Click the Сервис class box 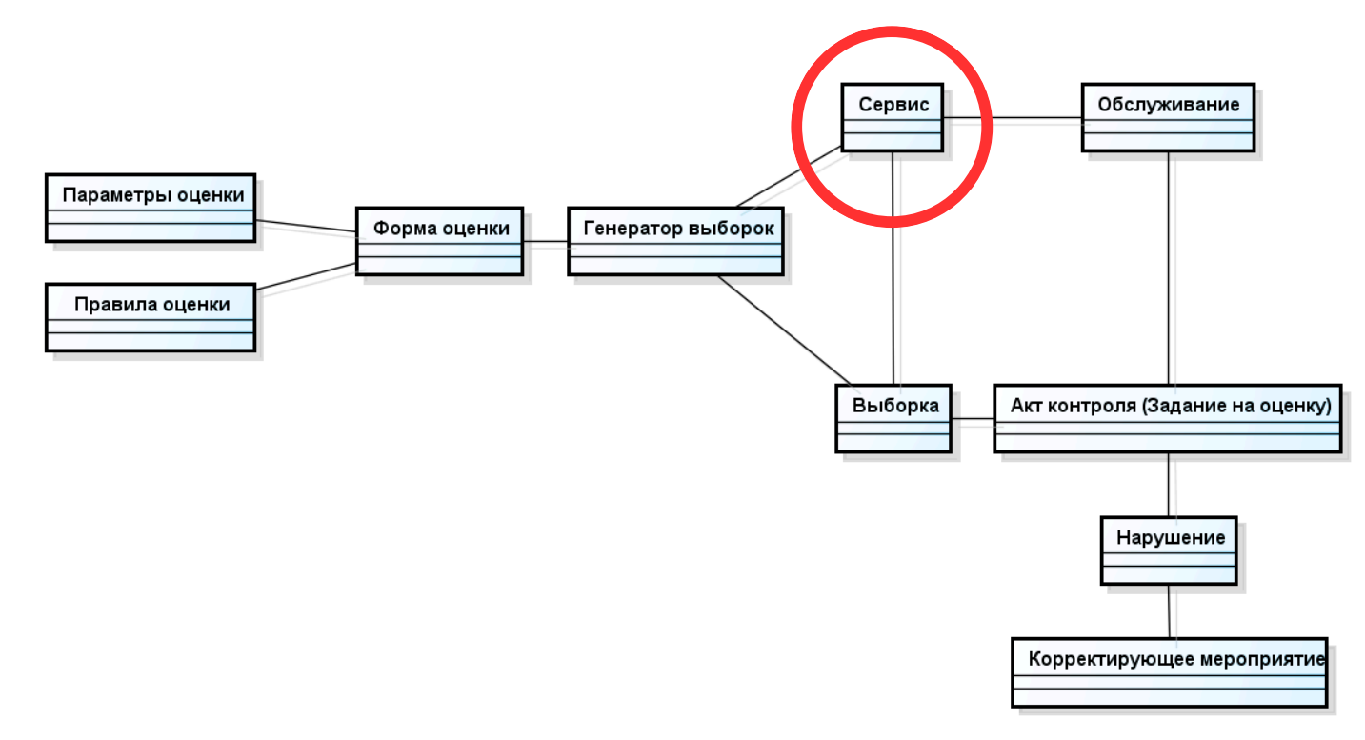tap(893, 117)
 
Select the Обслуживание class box tap(1168, 117)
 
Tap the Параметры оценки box tap(151, 207)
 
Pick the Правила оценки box tap(151, 317)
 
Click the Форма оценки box tap(440, 241)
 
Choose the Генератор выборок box tap(675, 241)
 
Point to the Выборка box tap(893, 418)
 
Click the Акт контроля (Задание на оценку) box tap(1168, 418)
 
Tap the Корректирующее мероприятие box tap(1170, 671)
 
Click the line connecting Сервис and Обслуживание tap(1012, 118)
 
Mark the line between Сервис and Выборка tap(893, 267)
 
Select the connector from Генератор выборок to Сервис tap(789, 176)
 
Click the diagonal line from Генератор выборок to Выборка tap(781, 330)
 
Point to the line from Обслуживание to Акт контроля tap(1169, 267)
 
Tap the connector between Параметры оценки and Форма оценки tap(306, 227)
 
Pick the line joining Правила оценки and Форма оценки tap(306, 276)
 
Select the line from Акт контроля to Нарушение tap(1169, 484)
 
